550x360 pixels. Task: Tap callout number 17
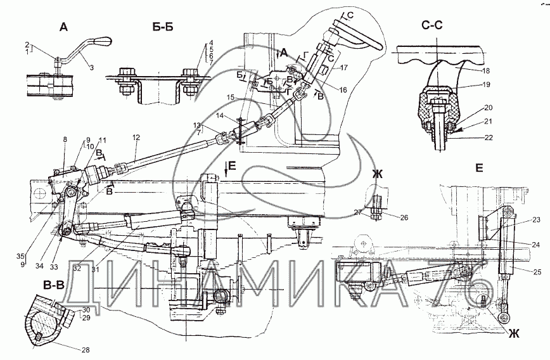pos(345,67)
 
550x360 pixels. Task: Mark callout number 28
pos(84,349)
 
